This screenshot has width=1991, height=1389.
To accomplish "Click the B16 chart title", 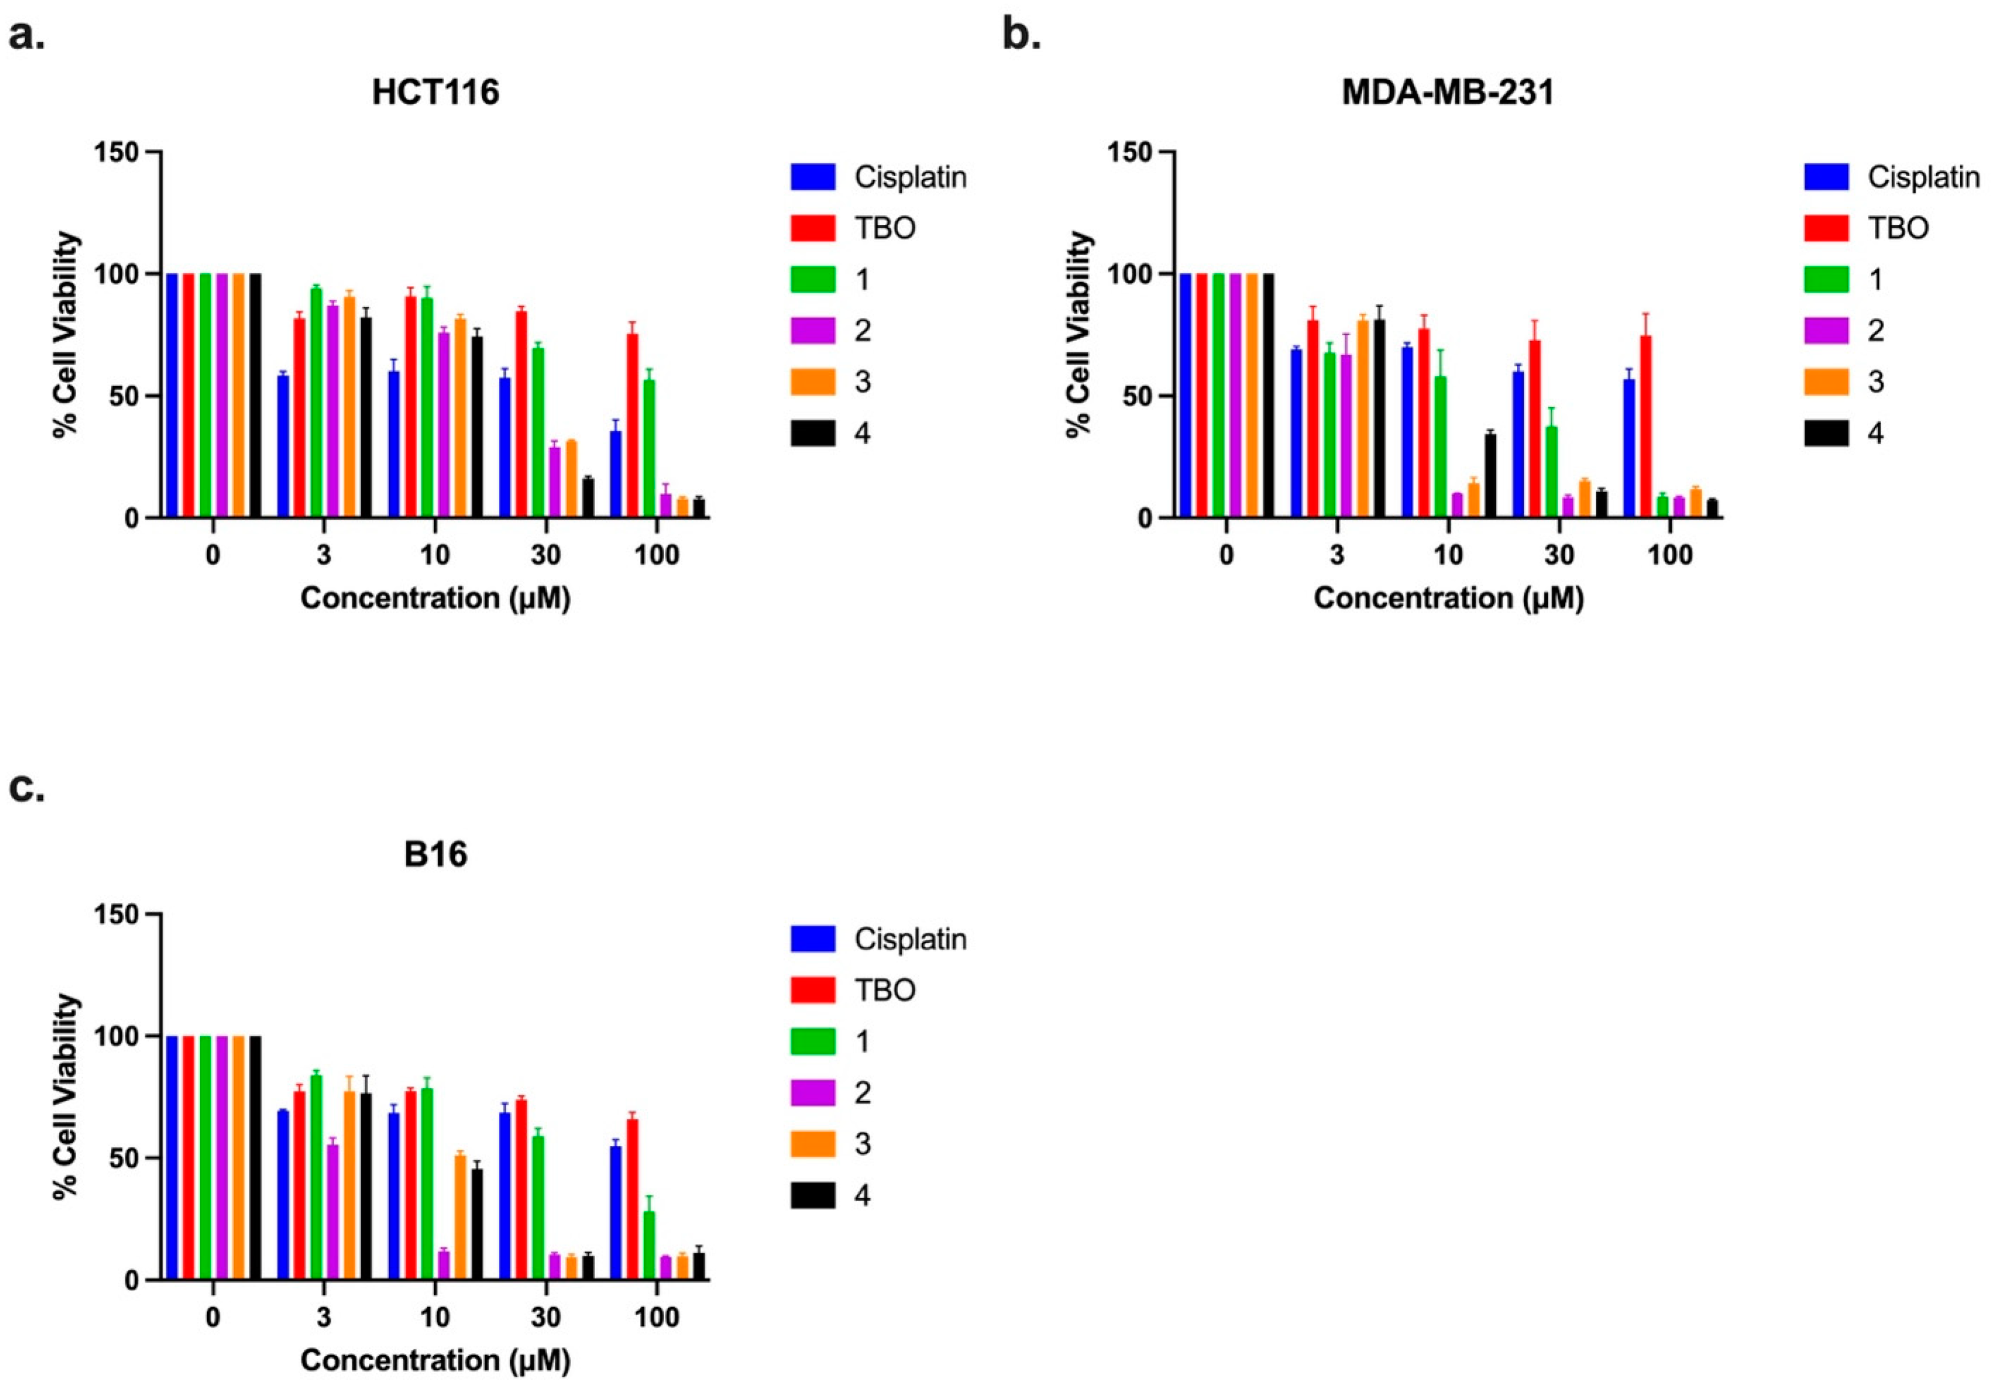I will pos(435,855).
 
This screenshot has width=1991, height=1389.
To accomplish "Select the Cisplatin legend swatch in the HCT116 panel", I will pos(813,177).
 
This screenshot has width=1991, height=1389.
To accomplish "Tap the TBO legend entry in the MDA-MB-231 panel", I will pos(1897,228).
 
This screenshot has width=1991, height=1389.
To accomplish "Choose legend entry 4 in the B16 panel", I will pos(861,1196).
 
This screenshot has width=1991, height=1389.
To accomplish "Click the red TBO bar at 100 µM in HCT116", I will pos(632,425).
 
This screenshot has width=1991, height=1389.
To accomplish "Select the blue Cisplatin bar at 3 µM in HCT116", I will pos(283,446).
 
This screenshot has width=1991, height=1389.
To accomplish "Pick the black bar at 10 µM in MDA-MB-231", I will pos(1490,476).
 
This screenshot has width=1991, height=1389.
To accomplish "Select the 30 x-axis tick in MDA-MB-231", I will pos(1559,555).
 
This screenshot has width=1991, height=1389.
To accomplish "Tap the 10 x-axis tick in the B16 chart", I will pos(435,1317).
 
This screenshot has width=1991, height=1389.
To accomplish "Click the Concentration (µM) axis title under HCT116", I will pos(435,599).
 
